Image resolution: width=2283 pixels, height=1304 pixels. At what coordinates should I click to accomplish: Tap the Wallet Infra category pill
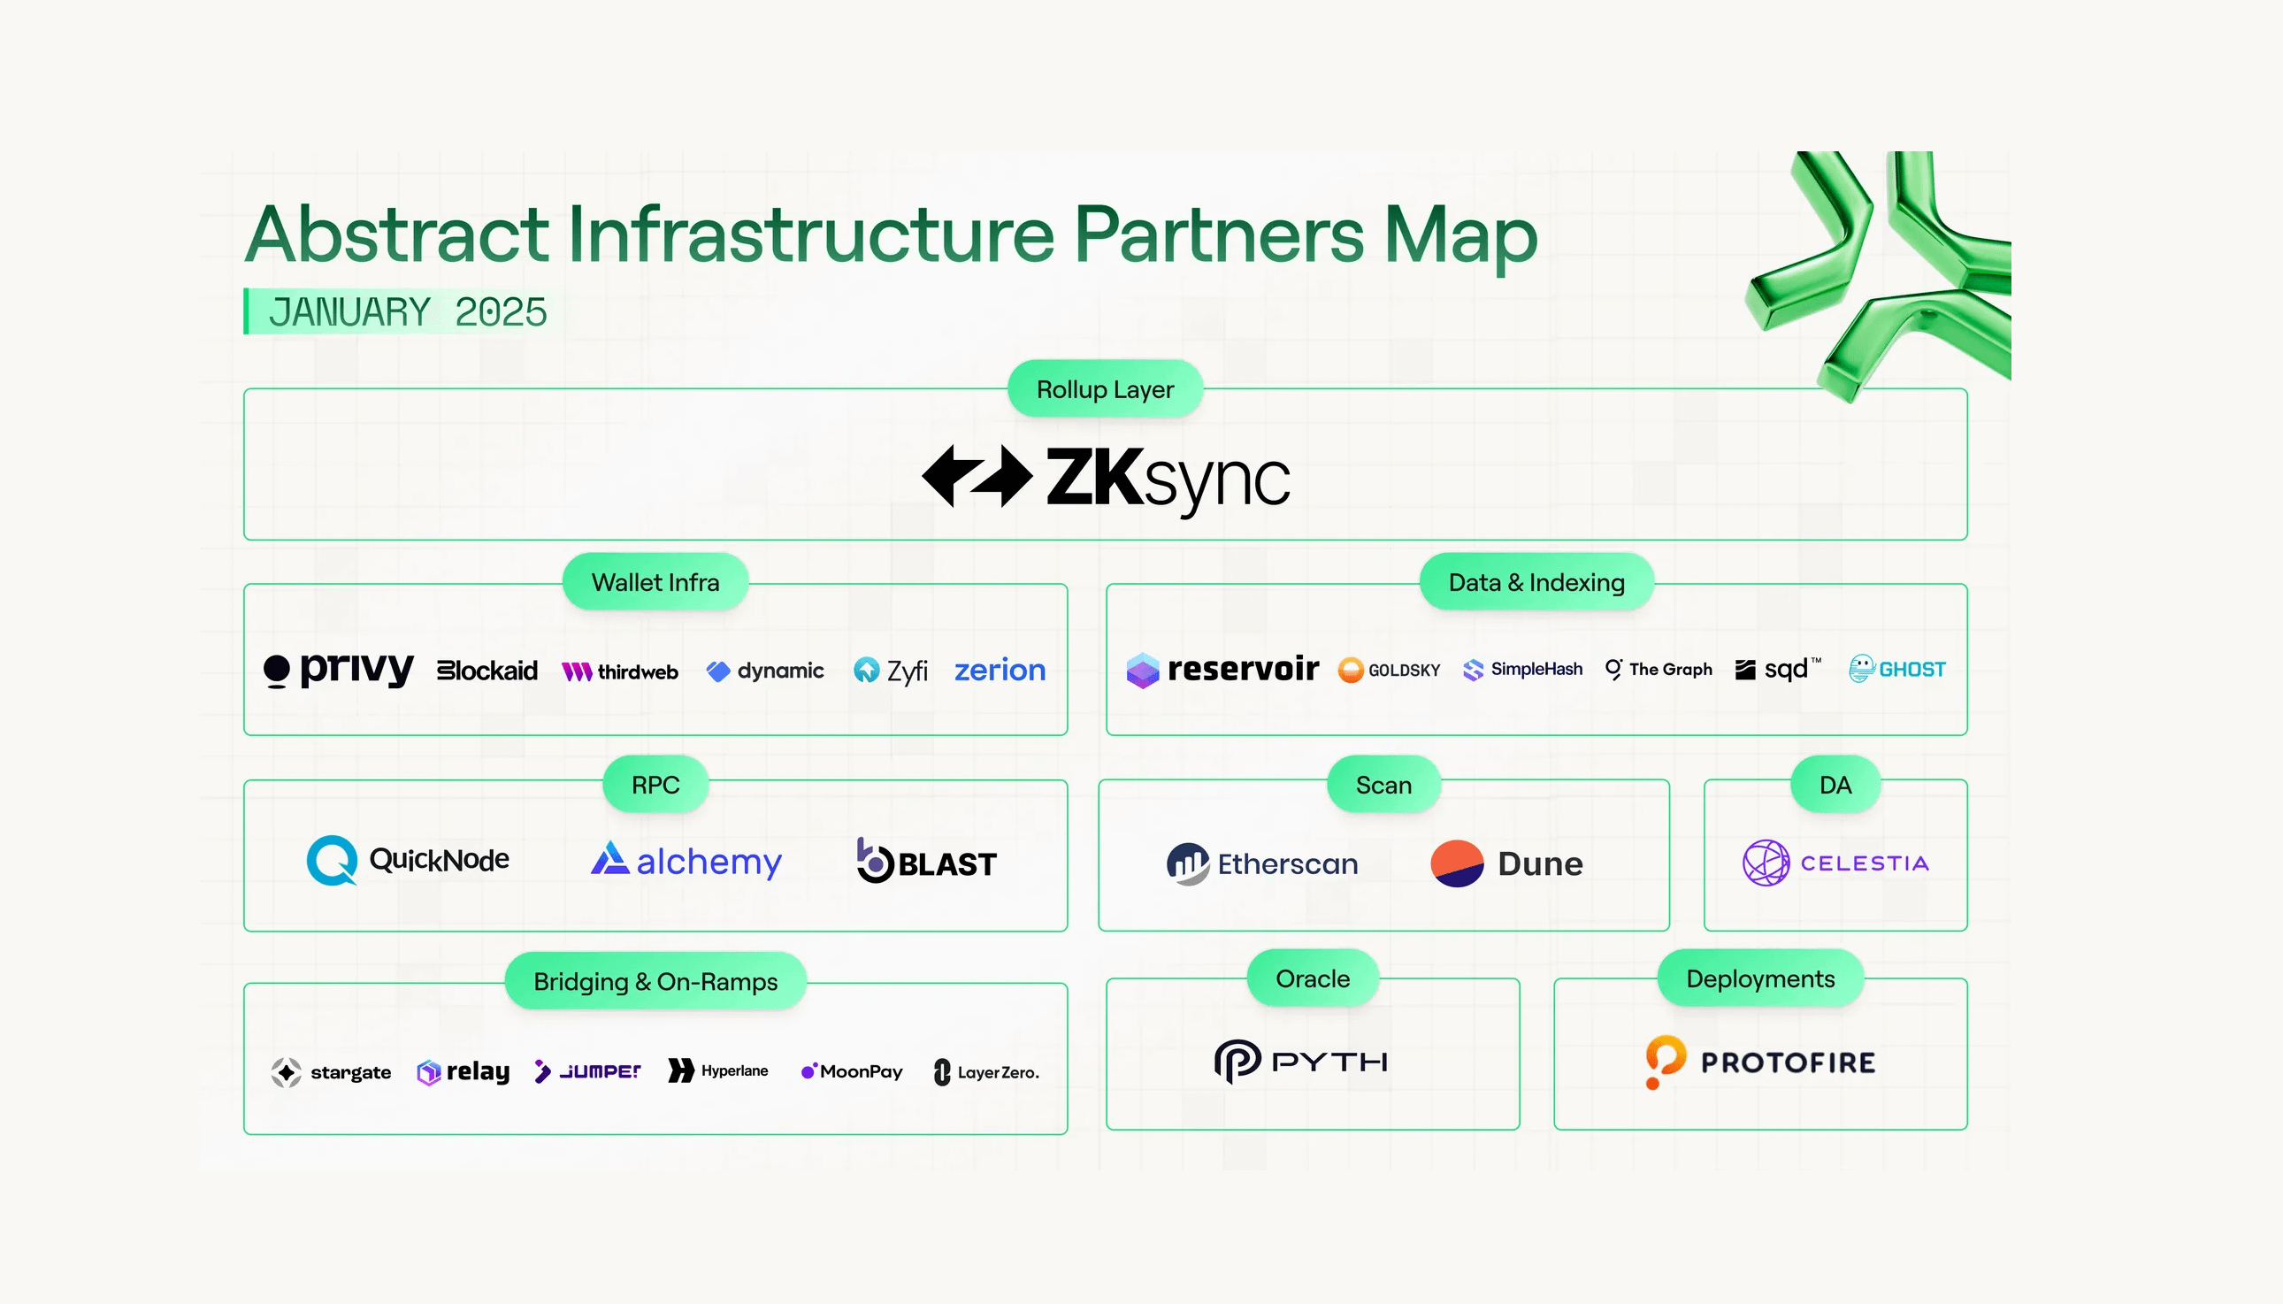(x=655, y=582)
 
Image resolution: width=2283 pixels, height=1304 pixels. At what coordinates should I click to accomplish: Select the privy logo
(x=339, y=669)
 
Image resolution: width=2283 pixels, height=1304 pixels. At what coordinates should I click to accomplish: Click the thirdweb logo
(x=619, y=671)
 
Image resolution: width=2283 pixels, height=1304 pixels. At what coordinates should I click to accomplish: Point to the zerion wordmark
(x=1000, y=670)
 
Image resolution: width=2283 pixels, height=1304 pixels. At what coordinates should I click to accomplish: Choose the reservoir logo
(x=1222, y=669)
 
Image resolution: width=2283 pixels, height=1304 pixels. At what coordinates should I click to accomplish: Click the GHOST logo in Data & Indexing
(x=1897, y=668)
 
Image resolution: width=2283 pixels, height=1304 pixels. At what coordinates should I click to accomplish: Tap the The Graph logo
(x=1659, y=669)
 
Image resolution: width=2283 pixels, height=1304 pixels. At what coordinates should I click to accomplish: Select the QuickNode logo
(x=408, y=860)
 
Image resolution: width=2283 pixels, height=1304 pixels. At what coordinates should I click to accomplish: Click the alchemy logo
(x=686, y=861)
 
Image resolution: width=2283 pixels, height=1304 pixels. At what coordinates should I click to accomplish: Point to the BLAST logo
(x=926, y=861)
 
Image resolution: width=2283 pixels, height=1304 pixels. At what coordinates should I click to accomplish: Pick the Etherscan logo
(x=1261, y=863)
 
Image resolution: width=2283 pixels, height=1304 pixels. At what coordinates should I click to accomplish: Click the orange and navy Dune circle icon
(x=1457, y=863)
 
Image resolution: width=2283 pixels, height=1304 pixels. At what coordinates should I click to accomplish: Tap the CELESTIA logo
(x=1835, y=863)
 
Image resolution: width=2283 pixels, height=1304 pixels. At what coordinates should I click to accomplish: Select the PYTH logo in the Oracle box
(x=1301, y=1062)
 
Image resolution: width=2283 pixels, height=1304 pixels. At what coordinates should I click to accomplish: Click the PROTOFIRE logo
(x=1760, y=1062)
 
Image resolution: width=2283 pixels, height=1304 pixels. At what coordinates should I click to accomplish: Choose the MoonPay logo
(x=852, y=1071)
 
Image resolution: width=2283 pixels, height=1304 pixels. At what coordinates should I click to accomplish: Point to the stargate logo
(x=330, y=1072)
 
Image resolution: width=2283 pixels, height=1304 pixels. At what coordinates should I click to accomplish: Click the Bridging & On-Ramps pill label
(x=655, y=982)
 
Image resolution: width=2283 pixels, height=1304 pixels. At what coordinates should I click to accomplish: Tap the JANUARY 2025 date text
(x=408, y=311)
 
